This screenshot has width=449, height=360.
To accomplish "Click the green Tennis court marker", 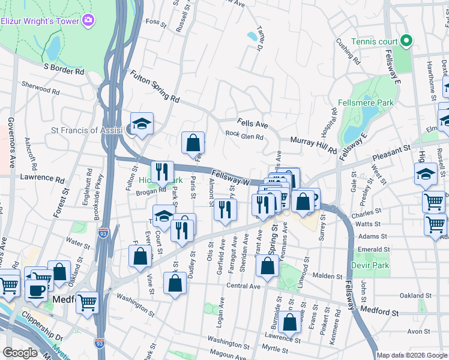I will tap(406, 41).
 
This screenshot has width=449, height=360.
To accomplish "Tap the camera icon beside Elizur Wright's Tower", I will tap(89, 20).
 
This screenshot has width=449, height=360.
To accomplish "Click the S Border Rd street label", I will tap(64, 70).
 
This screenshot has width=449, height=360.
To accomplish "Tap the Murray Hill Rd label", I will tap(313, 145).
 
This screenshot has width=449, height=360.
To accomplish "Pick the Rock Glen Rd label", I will tap(244, 136).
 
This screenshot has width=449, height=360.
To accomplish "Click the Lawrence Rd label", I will tap(42, 179).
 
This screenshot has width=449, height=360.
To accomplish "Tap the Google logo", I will tap(20, 353).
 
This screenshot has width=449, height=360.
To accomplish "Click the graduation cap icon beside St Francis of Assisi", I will tap(142, 124).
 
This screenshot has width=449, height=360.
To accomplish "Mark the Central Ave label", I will tap(242, 287).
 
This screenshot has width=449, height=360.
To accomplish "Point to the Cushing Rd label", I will tap(348, 52).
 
